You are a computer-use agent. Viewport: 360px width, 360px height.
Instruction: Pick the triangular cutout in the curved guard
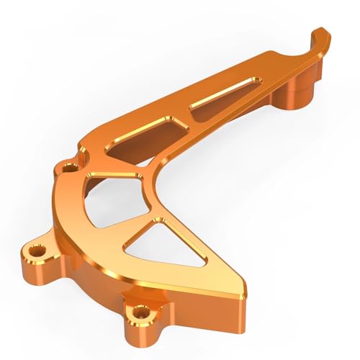[x=160, y=240]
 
